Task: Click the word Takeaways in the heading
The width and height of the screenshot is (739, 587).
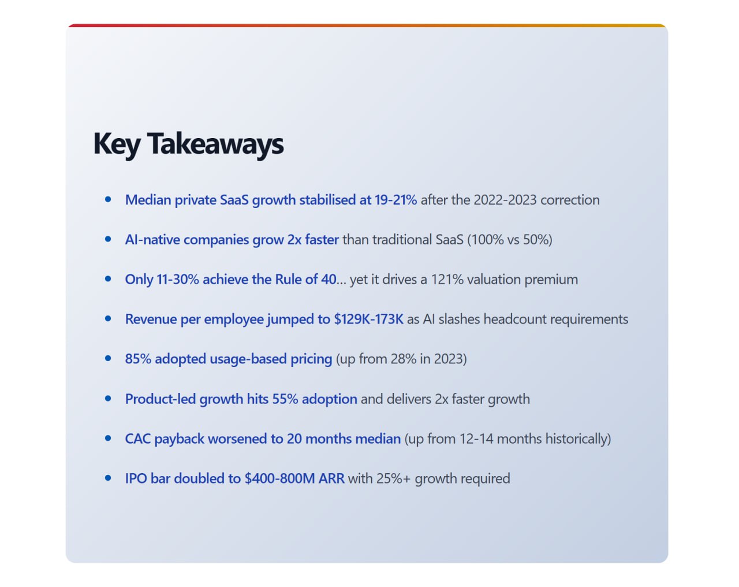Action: tap(215, 144)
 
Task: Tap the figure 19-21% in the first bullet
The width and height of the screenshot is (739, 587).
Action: tap(396, 200)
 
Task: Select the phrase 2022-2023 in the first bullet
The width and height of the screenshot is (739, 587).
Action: tap(505, 200)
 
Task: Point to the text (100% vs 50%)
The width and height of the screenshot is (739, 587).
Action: tap(510, 240)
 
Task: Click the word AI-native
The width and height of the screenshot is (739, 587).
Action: tap(152, 240)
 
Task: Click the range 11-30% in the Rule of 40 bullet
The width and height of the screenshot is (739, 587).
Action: tap(178, 280)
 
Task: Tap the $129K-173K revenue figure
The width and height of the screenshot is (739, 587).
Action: tap(369, 319)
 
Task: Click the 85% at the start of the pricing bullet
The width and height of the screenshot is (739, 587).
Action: tap(138, 359)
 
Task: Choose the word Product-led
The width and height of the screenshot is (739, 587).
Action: tap(161, 399)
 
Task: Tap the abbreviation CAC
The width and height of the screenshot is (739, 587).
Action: tap(138, 439)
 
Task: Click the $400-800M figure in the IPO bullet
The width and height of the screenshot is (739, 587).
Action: tap(279, 478)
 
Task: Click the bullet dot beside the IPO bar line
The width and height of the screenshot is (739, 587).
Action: tap(108, 478)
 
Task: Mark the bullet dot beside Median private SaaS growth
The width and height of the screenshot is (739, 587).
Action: tap(108, 199)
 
